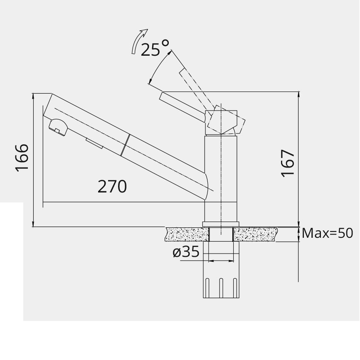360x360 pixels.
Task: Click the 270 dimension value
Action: pyautogui.click(x=112, y=187)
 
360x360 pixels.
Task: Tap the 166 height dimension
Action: pyautogui.click(x=22, y=158)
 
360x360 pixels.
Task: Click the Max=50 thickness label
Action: pyautogui.click(x=328, y=233)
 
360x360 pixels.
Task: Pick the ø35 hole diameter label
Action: pyautogui.click(x=186, y=252)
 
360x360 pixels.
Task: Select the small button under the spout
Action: pyautogui.click(x=95, y=144)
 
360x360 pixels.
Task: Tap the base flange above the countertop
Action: pyautogui.click(x=221, y=224)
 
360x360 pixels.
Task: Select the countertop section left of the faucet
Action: pyautogui.click(x=187, y=234)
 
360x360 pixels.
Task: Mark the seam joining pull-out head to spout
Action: pyautogui.click(x=126, y=145)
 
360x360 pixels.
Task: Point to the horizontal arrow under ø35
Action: pyautogui.click(x=221, y=261)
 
